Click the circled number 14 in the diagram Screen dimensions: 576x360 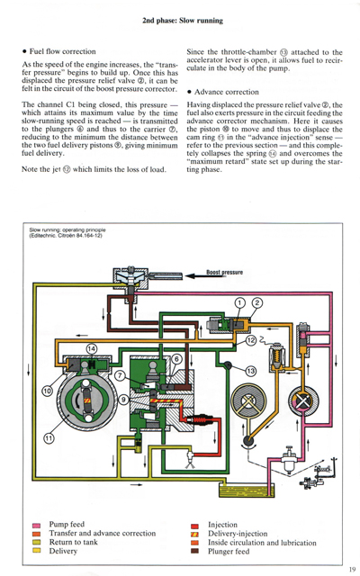tap(92, 348)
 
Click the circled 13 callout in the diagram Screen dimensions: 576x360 tap(251, 371)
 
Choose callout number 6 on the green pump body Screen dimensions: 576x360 tap(176, 358)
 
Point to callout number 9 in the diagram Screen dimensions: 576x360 tap(123, 399)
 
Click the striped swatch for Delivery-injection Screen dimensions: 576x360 tap(194, 533)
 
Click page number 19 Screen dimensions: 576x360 tap(349, 567)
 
